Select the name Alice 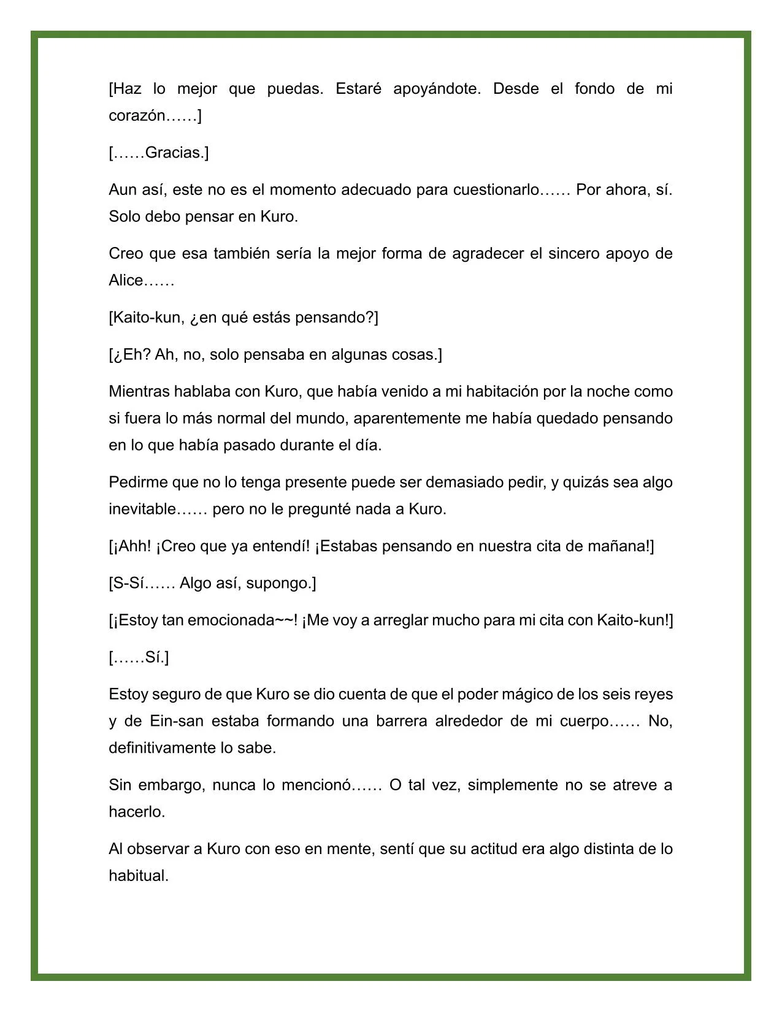(x=126, y=281)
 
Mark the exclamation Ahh (x=133, y=546)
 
